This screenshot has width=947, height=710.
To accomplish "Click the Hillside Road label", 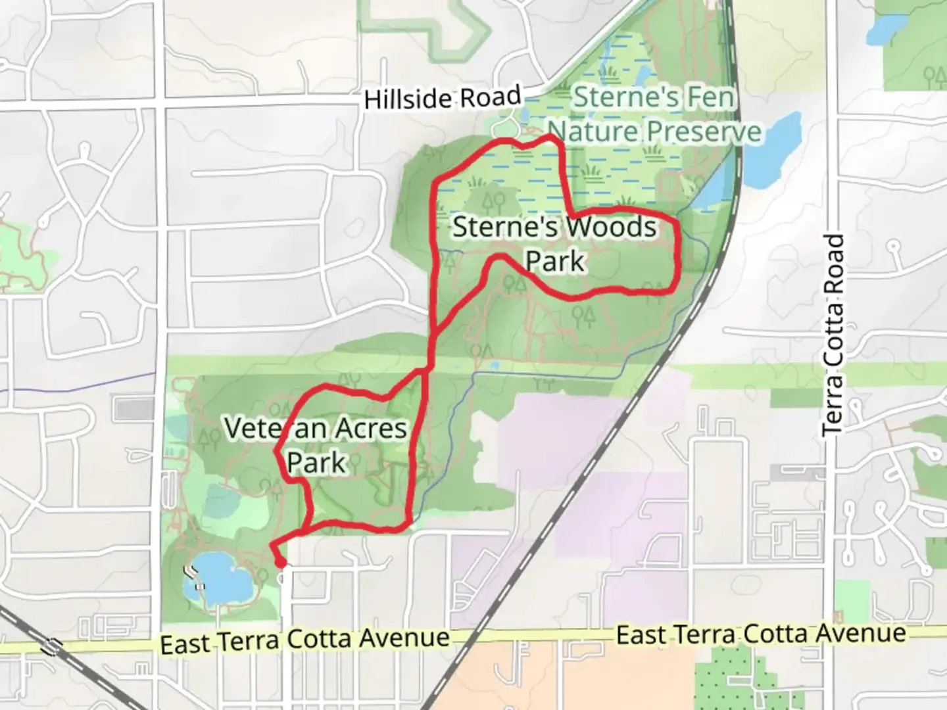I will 442,99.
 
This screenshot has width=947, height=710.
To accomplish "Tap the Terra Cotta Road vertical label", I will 833,334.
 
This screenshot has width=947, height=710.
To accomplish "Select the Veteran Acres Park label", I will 316,445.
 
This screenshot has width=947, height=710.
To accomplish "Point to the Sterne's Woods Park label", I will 554,244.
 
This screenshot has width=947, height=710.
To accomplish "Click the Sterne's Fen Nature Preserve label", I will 654,114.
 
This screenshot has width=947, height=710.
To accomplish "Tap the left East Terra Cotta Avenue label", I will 304,640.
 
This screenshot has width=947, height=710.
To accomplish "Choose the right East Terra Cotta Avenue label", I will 760,634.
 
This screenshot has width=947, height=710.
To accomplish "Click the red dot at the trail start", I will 281,563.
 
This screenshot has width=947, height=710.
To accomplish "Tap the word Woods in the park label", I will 612,227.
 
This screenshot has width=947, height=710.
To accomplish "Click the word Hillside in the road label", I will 408,101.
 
